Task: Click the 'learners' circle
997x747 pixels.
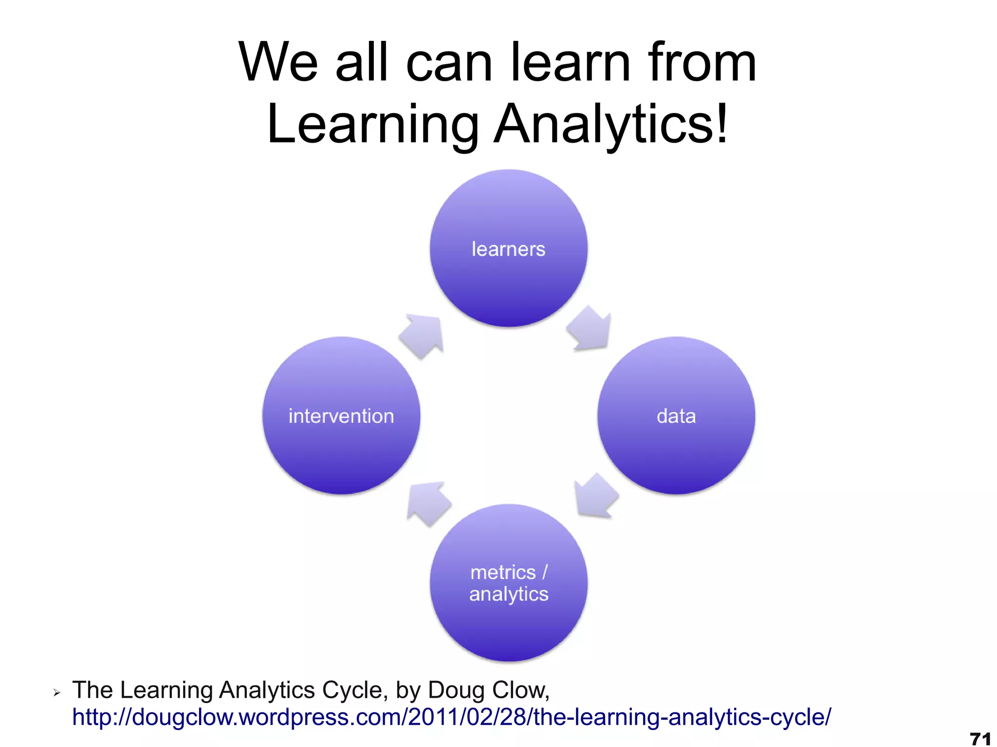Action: [x=508, y=248]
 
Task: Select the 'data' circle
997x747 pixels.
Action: [x=676, y=416]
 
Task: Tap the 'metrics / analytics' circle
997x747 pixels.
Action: [x=508, y=583]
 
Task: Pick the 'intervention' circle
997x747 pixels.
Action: [x=341, y=416]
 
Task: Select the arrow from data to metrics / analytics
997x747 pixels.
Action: [x=595, y=495]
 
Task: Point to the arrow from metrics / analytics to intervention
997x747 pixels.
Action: [x=428, y=503]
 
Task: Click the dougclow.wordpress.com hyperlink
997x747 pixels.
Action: [x=451, y=717]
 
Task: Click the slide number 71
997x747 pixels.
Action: [x=980, y=738]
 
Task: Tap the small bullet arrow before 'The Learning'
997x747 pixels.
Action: [x=57, y=692]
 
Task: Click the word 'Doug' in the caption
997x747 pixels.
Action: [x=456, y=690]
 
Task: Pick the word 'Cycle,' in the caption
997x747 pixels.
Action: [x=355, y=690]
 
